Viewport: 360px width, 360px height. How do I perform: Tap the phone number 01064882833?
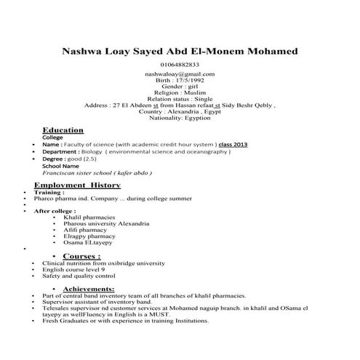click(x=180, y=65)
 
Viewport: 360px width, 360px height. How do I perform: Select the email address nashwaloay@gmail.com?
click(x=180, y=74)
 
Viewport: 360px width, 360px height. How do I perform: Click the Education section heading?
click(x=63, y=129)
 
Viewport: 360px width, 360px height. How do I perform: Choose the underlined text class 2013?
click(x=233, y=144)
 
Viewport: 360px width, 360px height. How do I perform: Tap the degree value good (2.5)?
click(x=81, y=158)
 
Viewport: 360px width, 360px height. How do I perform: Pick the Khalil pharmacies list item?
click(x=89, y=217)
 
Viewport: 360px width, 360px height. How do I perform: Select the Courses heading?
click(x=81, y=256)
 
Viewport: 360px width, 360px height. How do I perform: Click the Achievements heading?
click(x=89, y=289)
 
